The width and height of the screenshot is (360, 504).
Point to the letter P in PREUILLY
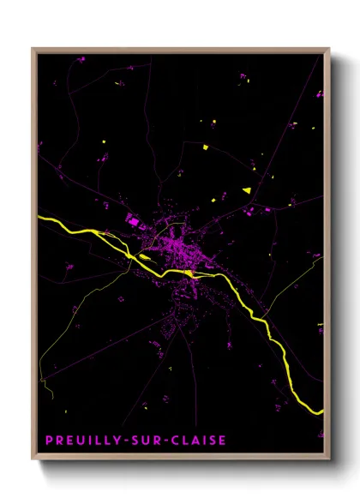(49, 441)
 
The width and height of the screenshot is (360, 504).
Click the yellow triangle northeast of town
(247, 189)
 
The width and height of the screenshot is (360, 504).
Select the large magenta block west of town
(133, 221)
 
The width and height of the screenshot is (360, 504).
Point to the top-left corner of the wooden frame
(33, 50)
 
